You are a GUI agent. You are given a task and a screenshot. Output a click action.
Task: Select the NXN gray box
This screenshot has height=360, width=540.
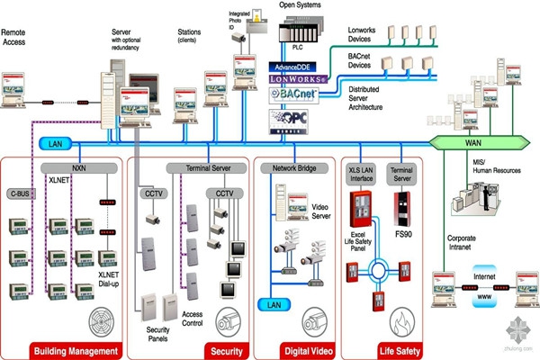tap(79, 167)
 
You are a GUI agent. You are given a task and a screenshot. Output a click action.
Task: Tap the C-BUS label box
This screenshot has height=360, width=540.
tap(19, 193)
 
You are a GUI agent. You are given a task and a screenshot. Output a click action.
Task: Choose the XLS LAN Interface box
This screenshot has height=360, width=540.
tap(362, 173)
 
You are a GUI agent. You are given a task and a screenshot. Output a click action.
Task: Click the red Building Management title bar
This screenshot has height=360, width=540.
tap(74, 350)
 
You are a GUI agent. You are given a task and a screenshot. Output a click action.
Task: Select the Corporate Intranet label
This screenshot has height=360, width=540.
tap(466, 244)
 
